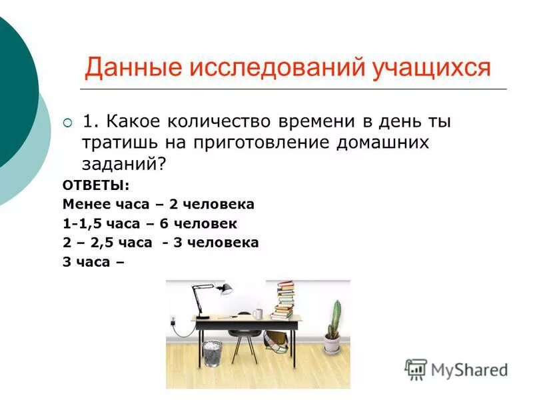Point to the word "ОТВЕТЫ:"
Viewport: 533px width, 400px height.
click(97, 185)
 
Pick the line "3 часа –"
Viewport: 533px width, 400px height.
click(93, 262)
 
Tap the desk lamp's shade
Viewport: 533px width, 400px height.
click(225, 289)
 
